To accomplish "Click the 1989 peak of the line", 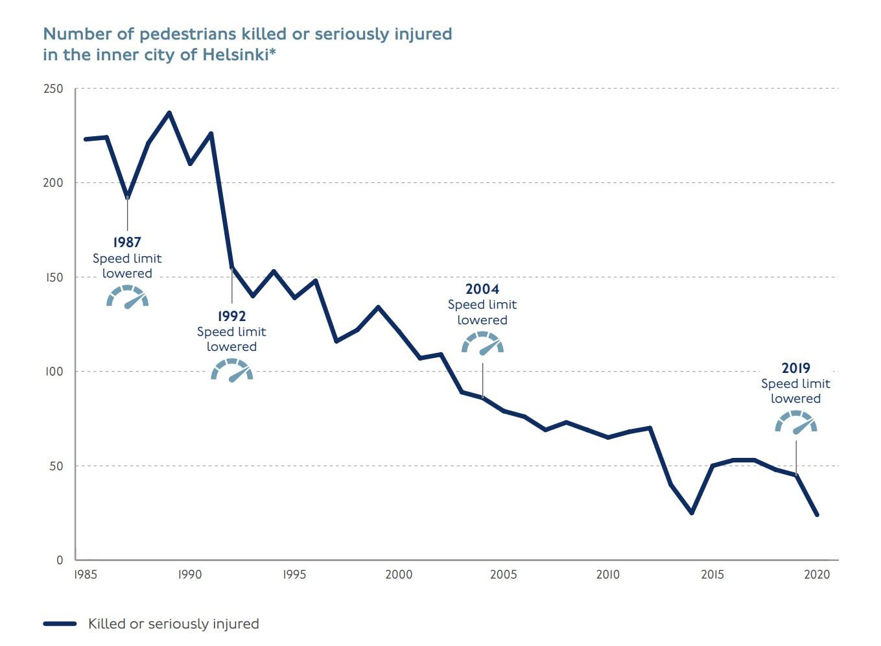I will pos(169,113).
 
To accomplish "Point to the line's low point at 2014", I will pos(692,512).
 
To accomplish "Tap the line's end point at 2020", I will pos(817,514).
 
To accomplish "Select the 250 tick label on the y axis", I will pos(53,89).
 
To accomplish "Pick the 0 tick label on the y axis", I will pos(60,560).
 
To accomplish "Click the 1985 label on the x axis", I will pos(85,575).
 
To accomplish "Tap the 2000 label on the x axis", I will pos(399,575).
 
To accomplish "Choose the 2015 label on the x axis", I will pos(712,575).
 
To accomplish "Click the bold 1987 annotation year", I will pos(127,242).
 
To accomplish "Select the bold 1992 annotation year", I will pos(231,316).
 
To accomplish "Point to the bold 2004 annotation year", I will pos(482,289).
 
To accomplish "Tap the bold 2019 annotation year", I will pos(795,368).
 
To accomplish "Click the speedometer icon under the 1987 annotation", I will pos(128,296).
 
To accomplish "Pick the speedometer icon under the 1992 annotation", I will pos(232,370).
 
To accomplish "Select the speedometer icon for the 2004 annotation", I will pos(482,343).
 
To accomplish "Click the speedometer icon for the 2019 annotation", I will pos(796,422).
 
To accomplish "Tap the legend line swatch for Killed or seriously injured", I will pos(60,624).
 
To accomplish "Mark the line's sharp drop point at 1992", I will pos(231,267).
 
